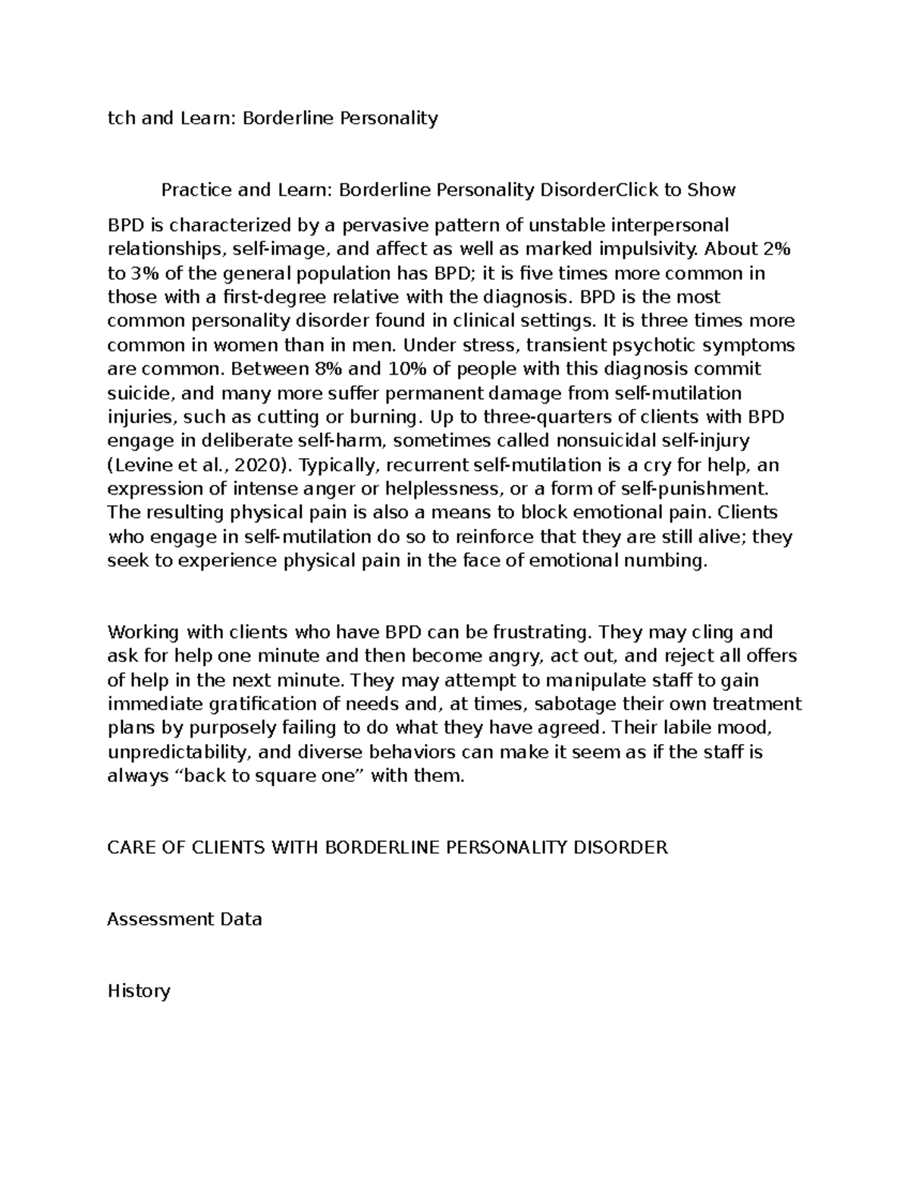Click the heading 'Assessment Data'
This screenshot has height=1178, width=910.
pos(184,919)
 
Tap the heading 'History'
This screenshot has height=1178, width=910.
pos(139,991)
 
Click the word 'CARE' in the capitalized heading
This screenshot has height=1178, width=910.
pos(130,847)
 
